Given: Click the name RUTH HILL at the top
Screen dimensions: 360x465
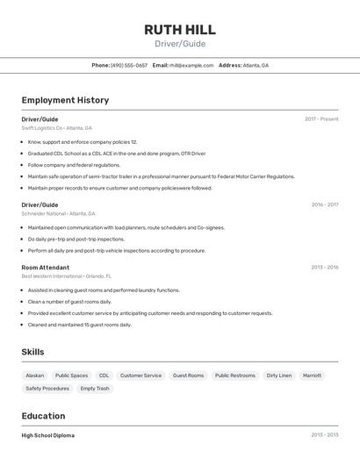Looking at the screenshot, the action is click(180, 29).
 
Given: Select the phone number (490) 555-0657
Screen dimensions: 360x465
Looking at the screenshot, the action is click(128, 65).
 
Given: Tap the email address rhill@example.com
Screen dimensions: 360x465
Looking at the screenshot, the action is click(191, 65).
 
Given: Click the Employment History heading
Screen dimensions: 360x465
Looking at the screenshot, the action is click(65, 100).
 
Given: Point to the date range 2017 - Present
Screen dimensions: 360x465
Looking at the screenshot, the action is click(321, 118).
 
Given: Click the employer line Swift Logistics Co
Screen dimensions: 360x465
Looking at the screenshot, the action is click(56, 128).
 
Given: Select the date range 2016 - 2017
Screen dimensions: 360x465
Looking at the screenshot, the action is click(324, 204).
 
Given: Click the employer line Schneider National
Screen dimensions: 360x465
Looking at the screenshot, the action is click(58, 213).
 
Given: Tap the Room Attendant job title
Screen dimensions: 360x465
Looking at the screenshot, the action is click(46, 267).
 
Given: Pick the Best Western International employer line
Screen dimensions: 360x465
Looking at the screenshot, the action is click(66, 276).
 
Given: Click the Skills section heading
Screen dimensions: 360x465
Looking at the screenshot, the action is click(32, 352).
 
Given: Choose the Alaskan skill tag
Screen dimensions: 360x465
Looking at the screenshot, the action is click(35, 376).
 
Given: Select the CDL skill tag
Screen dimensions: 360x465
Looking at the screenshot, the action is click(104, 376).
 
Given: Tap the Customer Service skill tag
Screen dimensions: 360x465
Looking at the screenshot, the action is click(140, 376).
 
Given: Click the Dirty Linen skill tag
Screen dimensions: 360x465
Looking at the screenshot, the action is click(278, 376).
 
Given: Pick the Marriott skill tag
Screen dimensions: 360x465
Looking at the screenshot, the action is click(312, 376).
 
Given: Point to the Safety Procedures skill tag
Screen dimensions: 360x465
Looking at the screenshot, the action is click(47, 388).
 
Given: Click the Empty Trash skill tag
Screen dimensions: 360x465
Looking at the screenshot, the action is click(95, 388).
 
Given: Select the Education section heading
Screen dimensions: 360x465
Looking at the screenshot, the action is click(43, 416).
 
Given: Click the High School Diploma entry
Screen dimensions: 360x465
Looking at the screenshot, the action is click(48, 435).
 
